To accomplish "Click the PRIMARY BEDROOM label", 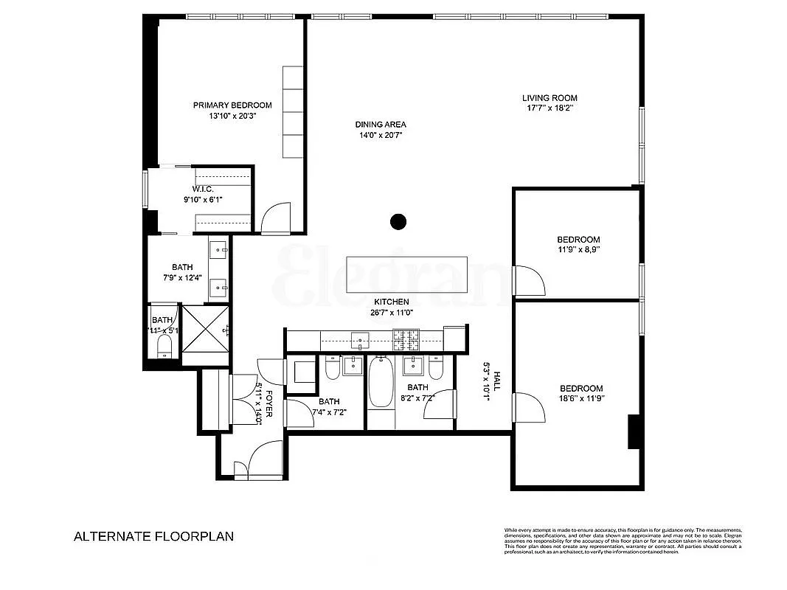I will [232, 105].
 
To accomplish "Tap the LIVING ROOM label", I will [549, 98].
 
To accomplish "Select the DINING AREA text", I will [380, 125].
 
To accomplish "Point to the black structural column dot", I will [398, 221].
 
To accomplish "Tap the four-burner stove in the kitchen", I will [405, 340].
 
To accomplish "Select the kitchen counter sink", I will [360, 340].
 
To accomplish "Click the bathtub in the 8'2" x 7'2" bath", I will [381, 381].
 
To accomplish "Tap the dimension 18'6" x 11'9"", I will [581, 402].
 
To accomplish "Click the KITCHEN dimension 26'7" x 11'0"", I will [391, 313].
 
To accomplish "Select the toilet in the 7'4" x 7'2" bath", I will [332, 367].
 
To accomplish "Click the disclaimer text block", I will [623, 539].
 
